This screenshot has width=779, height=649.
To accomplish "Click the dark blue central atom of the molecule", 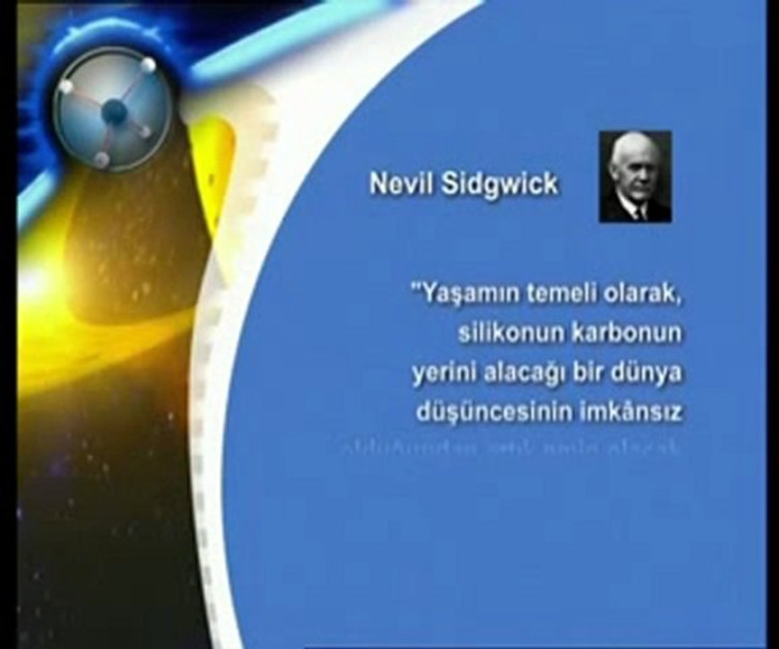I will [114, 112].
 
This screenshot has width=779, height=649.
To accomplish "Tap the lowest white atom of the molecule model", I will [102, 160].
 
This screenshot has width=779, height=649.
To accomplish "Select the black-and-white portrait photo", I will [635, 177].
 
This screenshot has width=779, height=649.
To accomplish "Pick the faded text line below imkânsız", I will [510, 448].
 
